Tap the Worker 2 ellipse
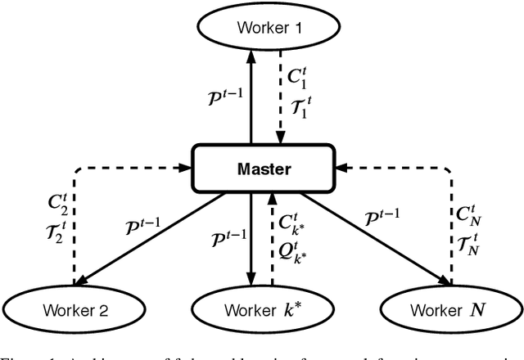pos(75,309)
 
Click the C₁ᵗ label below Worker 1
pos(297,75)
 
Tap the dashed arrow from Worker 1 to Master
pos(278,98)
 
